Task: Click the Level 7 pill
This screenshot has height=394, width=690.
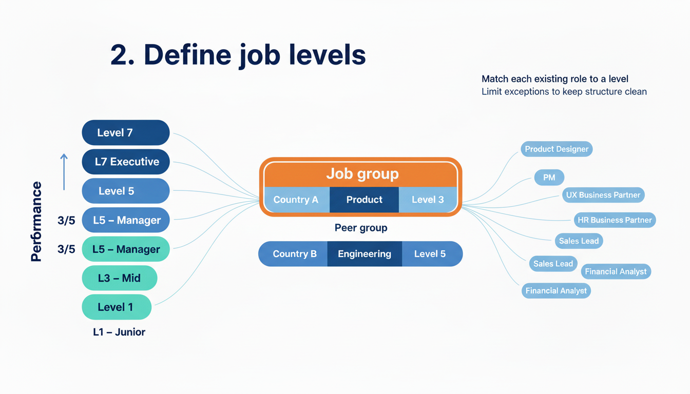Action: pyautogui.click(x=126, y=133)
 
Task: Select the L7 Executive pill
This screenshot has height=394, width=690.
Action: pyautogui.click(x=126, y=162)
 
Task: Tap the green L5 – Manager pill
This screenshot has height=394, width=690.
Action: pyautogui.click(x=126, y=249)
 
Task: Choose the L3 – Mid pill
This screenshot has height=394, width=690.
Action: pyautogui.click(x=120, y=279)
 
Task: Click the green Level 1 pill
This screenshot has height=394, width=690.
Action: pyautogui.click(x=117, y=307)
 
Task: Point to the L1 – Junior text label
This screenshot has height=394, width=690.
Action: pyautogui.click(x=119, y=332)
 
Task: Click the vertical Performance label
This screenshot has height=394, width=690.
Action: pyautogui.click(x=36, y=222)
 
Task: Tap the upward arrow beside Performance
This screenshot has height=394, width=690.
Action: pyautogui.click(x=64, y=172)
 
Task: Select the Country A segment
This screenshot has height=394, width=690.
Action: pyautogui.click(x=296, y=200)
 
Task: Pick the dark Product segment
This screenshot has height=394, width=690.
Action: pyautogui.click(x=364, y=200)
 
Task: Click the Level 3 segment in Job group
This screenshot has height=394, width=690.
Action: pyautogui.click(x=428, y=200)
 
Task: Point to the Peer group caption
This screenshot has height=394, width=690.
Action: pyautogui.click(x=361, y=228)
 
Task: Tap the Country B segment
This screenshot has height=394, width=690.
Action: pyautogui.click(x=294, y=254)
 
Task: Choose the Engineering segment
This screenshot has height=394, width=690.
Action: pyautogui.click(x=365, y=254)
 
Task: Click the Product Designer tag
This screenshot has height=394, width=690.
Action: pyautogui.click(x=557, y=149)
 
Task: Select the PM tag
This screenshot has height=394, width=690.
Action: pyautogui.click(x=549, y=178)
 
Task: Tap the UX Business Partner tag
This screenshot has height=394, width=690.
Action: pyautogui.click(x=603, y=195)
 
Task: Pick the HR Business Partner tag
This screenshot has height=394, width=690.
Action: pyautogui.click(x=615, y=220)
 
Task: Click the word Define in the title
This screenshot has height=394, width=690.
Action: pyautogui.click(x=187, y=55)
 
